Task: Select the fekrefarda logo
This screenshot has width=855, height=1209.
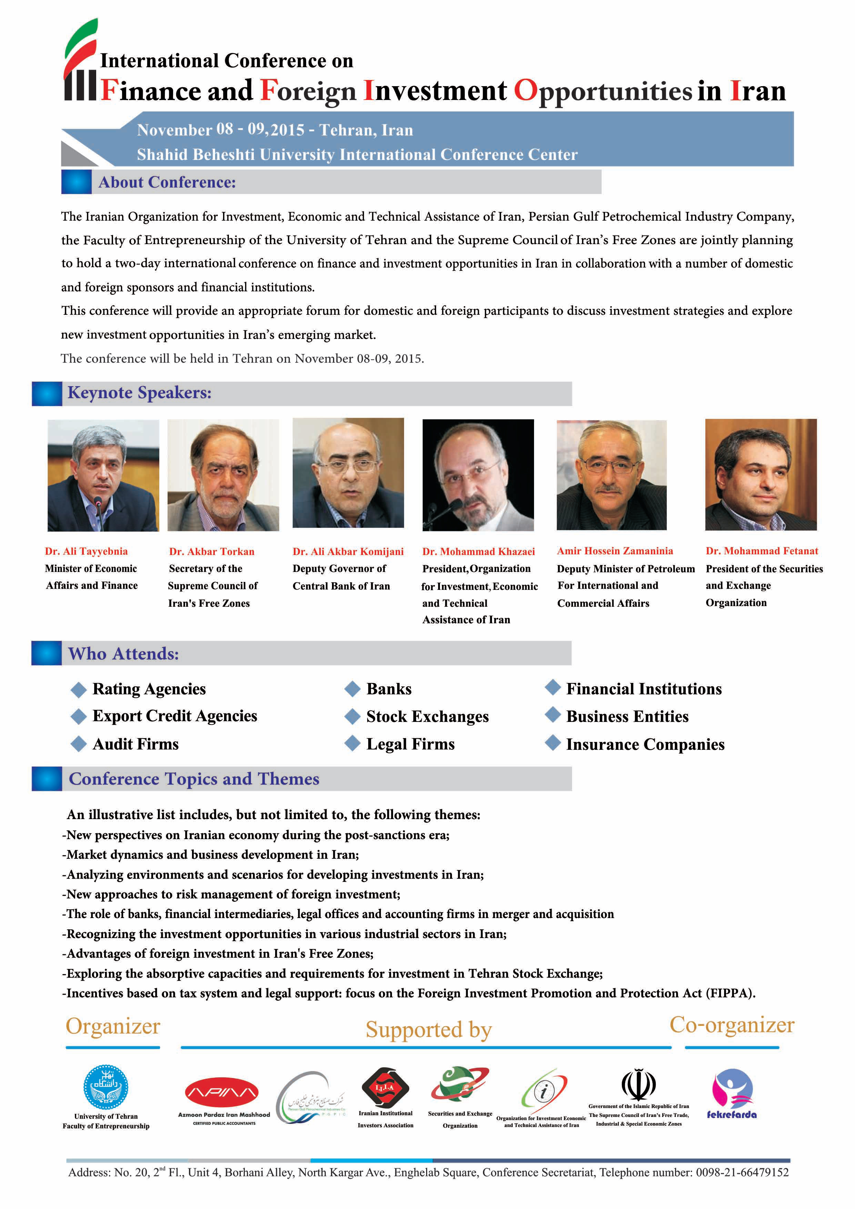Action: pos(732,1091)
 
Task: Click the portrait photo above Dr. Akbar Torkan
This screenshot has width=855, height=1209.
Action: pos(223,475)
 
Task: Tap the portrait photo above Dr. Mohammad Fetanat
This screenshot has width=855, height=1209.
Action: pos(761,474)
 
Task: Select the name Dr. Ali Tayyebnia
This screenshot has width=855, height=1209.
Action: pos(86,551)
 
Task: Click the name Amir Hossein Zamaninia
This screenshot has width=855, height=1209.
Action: pos(615,551)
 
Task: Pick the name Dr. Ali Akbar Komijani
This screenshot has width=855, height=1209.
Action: pos(348,551)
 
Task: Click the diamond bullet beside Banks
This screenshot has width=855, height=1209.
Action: pos(352,689)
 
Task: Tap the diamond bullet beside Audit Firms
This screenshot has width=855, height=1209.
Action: pos(79,744)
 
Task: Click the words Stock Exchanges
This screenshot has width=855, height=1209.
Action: pos(428,717)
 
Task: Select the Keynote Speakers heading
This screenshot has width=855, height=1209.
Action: pos(140,393)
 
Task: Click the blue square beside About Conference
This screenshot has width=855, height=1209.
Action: pos(76,182)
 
